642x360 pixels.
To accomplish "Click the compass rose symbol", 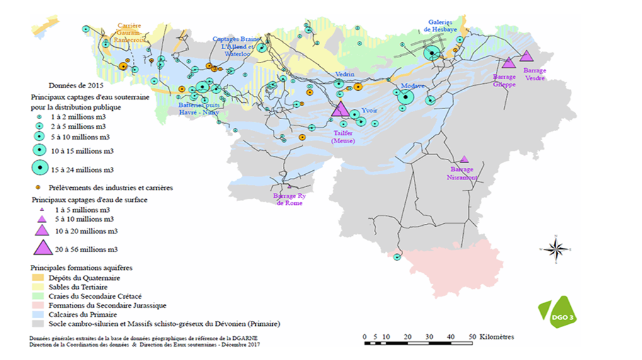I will (x=555, y=249).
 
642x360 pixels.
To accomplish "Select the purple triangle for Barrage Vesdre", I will (x=527, y=56).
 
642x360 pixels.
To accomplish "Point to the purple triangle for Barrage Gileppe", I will (x=508, y=62).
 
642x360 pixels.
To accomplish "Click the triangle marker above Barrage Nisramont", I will (x=464, y=159).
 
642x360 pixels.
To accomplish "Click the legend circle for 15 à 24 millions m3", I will (x=39, y=168).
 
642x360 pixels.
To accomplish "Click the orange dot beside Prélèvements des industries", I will (x=38, y=187).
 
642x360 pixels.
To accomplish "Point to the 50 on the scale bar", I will (x=473, y=337).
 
